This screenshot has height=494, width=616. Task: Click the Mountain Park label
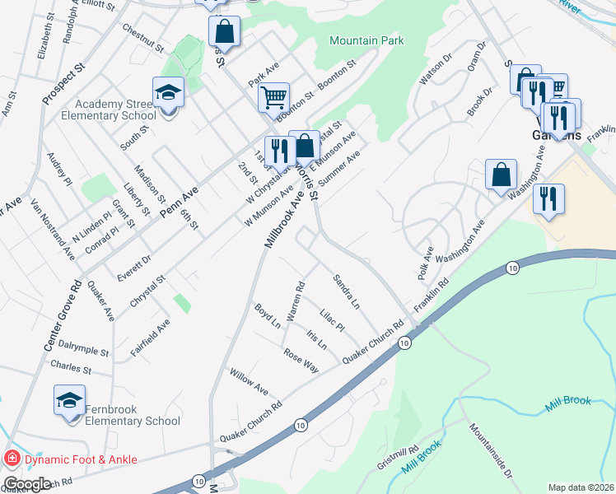pyautogui.click(x=368, y=40)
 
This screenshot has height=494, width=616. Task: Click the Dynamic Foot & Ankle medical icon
pyautogui.click(x=13, y=459)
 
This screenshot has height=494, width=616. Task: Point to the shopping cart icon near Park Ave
pyautogui.click(x=273, y=96)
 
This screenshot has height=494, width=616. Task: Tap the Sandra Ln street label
pyautogui.click(x=346, y=292)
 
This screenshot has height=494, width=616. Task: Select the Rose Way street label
pyautogui.click(x=301, y=360)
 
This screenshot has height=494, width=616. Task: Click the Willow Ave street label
pyautogui.click(x=250, y=381)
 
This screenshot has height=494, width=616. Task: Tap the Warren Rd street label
pyautogui.click(x=295, y=302)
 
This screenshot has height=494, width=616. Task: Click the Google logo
pyautogui.click(x=27, y=484)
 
